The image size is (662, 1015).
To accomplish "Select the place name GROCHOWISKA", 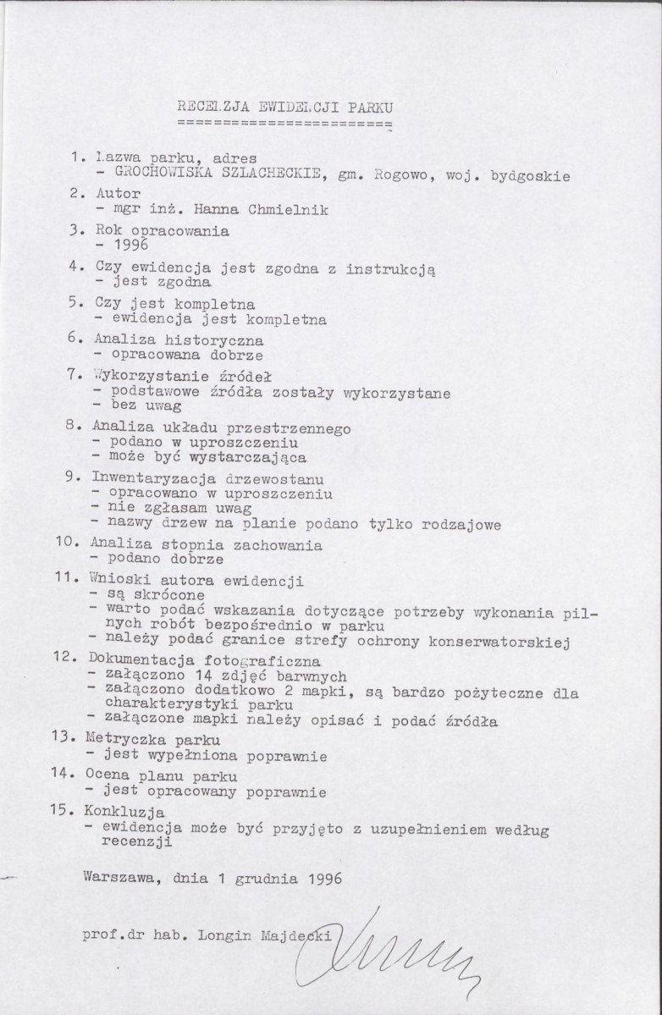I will (x=157, y=176).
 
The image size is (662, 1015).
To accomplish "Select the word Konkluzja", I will (x=122, y=811).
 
